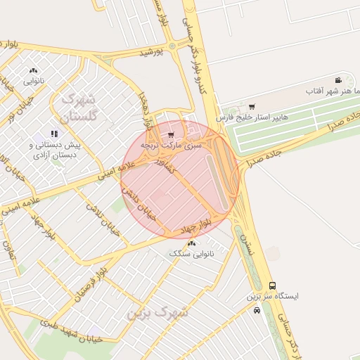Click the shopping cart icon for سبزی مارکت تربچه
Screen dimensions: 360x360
point(171,134)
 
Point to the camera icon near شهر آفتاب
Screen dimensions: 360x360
point(338,80)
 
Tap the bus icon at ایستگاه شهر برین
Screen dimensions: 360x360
point(272,285)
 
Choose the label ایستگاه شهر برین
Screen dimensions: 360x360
point(272,296)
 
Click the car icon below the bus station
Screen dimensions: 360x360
point(257,310)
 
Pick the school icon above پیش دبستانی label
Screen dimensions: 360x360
point(54,134)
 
